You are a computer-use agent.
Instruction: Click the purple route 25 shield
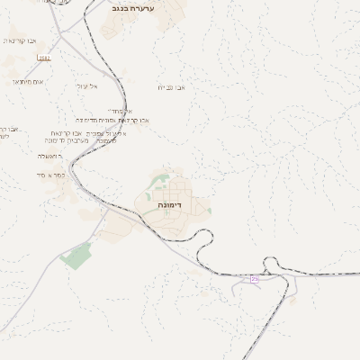pos(255,280)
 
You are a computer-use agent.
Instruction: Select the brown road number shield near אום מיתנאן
pos(45,58)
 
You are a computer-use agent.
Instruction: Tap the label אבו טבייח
pos(170,87)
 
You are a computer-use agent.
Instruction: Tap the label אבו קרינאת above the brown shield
pos(20,40)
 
